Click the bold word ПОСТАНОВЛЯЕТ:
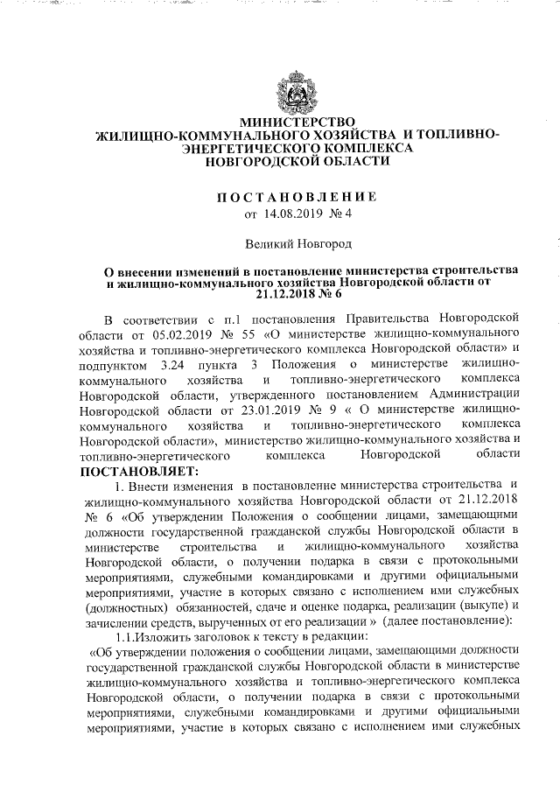pyautogui.click(x=132, y=472)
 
